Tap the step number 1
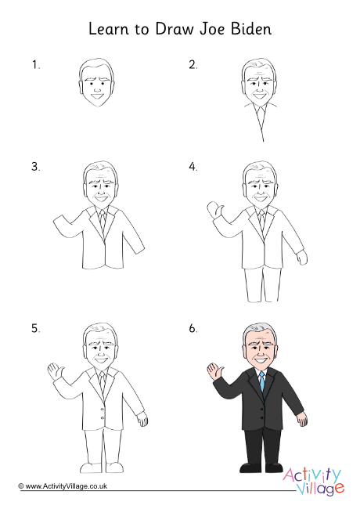coord(35,65)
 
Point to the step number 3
coord(35,167)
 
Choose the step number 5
coord(35,330)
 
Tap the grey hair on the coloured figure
coord(261,330)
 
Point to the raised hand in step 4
coord(212,209)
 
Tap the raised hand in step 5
coord(54,370)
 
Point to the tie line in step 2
coord(261,125)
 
